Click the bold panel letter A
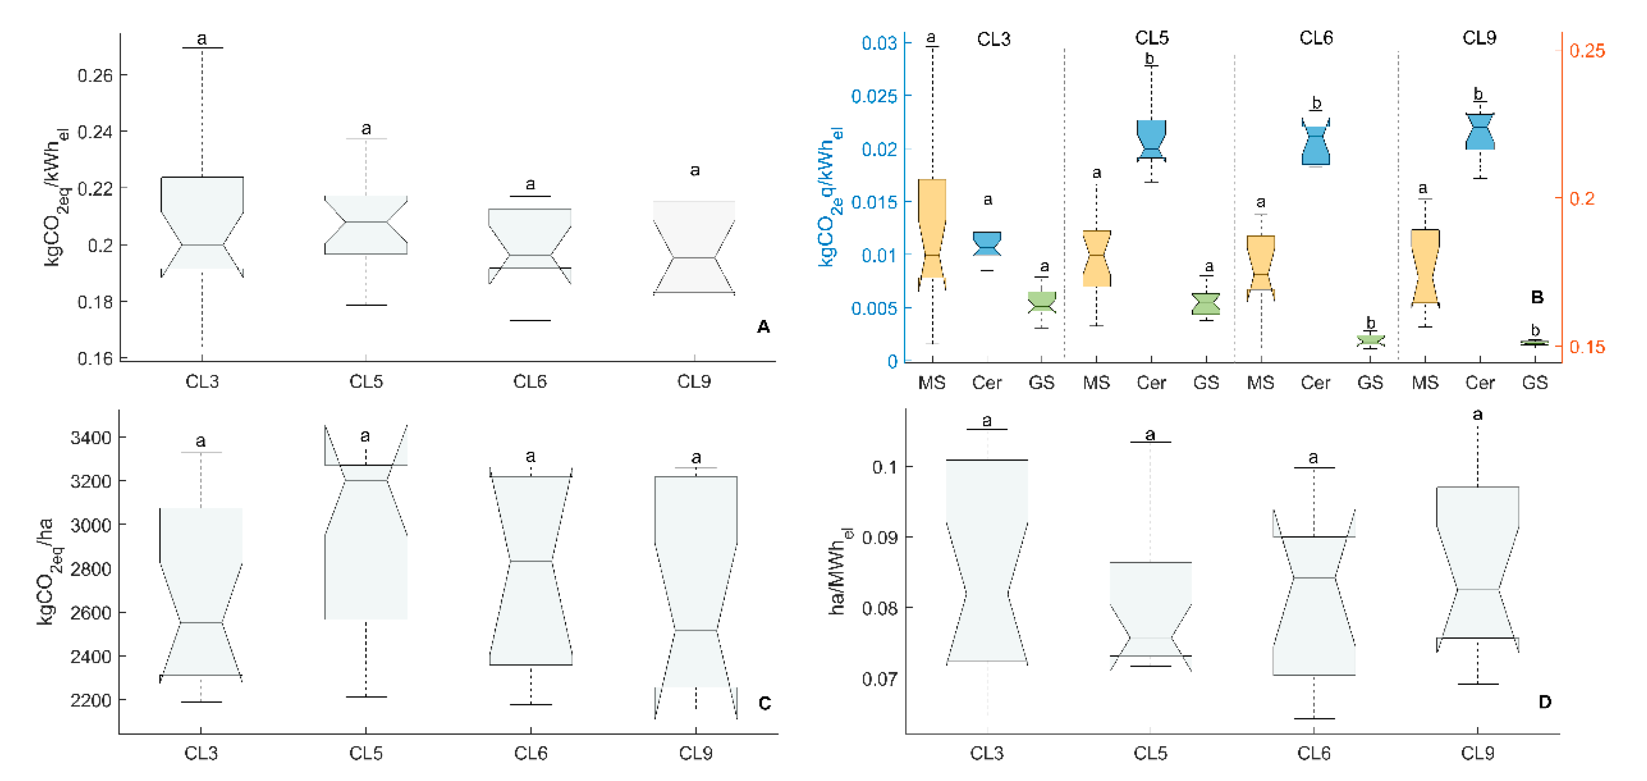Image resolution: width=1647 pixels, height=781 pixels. click(x=763, y=327)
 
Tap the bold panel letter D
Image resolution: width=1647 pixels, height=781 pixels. click(x=1545, y=702)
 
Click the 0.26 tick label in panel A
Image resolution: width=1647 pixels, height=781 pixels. click(x=95, y=76)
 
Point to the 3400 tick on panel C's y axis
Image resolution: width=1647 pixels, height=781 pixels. click(x=91, y=438)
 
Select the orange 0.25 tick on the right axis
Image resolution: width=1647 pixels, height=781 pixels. click(x=1587, y=51)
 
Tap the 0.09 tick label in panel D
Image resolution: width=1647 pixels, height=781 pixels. click(x=880, y=537)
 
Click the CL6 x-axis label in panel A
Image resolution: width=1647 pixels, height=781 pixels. click(x=530, y=382)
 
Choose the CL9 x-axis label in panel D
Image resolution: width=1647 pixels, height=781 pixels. click(x=1478, y=753)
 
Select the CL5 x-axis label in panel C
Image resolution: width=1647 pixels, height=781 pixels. click(x=366, y=753)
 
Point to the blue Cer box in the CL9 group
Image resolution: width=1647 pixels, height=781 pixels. click(x=1480, y=132)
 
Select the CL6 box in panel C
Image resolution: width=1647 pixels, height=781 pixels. click(x=531, y=569)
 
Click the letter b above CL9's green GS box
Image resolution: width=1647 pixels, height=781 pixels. click(x=1535, y=330)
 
